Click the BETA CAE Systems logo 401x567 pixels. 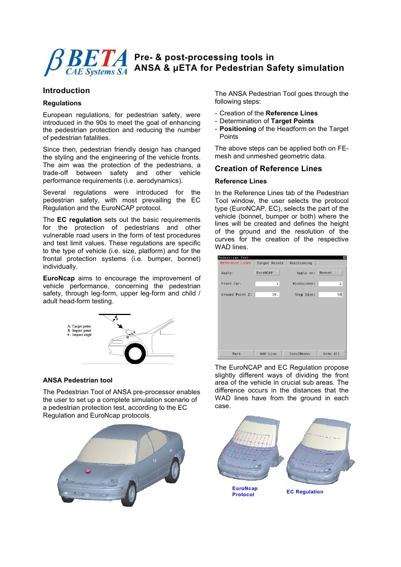pyautogui.click(x=86, y=62)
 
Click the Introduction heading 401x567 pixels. pyautogui.click(x=66, y=90)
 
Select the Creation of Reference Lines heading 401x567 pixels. pyautogui.click(x=268, y=169)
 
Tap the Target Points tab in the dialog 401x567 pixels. pyautogui.click(x=270, y=263)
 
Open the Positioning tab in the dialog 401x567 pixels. pyautogui.click(x=301, y=263)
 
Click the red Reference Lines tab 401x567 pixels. pyautogui.click(x=235, y=263)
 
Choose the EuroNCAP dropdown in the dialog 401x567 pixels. pyautogui.click(x=267, y=273)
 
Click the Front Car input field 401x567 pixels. pyautogui.click(x=267, y=284)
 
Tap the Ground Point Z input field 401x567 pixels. pyautogui.click(x=267, y=294)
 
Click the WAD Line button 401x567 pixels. pyautogui.click(x=268, y=353)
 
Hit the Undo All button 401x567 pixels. pyautogui.click(x=332, y=353)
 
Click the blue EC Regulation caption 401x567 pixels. pyautogui.click(x=305, y=492)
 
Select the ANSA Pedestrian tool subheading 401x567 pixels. pyautogui.click(x=78, y=381)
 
